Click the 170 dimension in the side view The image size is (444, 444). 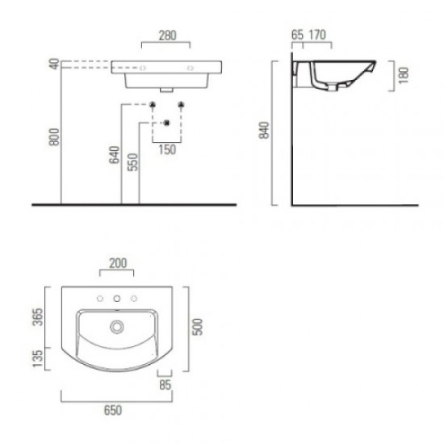(317, 35)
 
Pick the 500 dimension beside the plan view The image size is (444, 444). (196, 326)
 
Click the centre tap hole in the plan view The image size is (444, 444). (118, 300)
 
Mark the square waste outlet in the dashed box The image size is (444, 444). (166, 122)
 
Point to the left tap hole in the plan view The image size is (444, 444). (101, 300)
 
